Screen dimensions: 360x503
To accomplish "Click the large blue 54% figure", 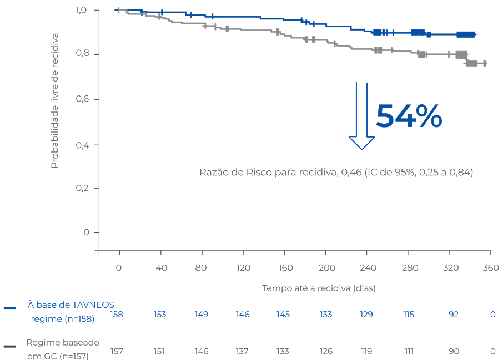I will (409, 116).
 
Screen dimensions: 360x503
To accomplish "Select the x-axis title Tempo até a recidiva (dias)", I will (319, 288).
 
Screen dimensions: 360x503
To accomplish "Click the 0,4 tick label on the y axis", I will (83, 144).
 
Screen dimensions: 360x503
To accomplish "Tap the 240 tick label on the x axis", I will (368, 268).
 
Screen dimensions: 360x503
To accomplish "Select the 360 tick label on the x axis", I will (490, 268).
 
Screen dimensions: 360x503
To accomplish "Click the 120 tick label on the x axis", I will (243, 268).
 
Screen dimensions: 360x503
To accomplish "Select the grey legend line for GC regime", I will (11, 347).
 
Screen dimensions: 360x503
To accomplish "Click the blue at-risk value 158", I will (117, 315).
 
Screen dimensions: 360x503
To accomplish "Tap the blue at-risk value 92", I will (454, 315).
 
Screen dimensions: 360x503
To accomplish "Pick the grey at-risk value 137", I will (242, 351).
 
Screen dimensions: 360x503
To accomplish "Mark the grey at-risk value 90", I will (454, 351).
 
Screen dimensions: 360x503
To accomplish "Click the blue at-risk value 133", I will (326, 315).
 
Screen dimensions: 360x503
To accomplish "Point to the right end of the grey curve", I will (486, 64).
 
